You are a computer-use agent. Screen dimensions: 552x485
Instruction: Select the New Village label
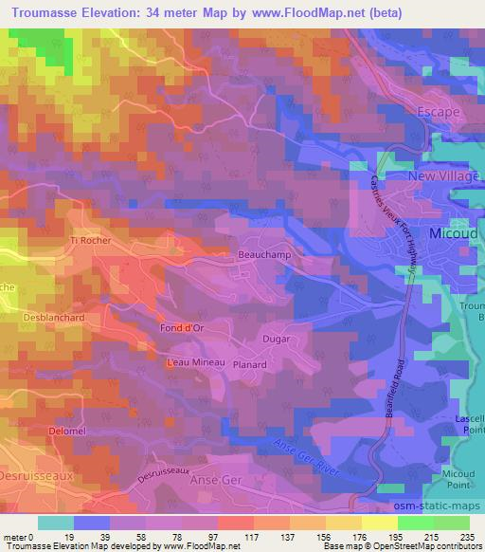(x=440, y=176)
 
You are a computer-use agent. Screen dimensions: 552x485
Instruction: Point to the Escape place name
(x=439, y=111)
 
